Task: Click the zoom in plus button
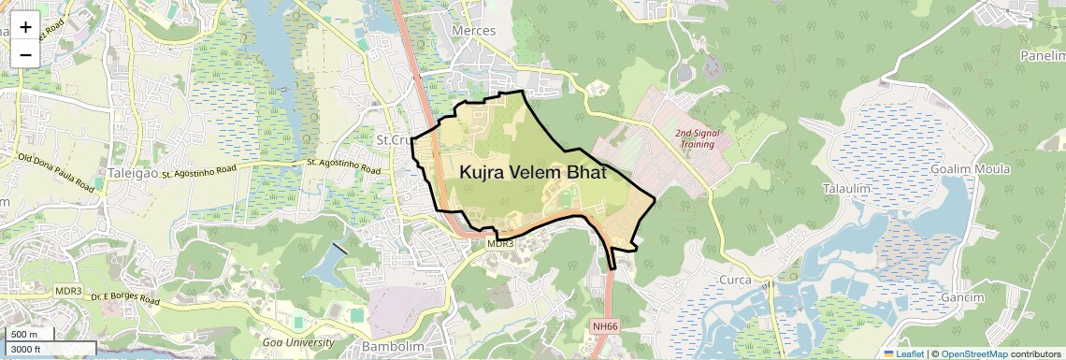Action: pos(25,26)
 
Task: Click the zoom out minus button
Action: pos(25,54)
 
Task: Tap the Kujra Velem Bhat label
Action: pos(532,174)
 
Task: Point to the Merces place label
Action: pos(473,31)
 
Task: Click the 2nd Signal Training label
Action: pos(698,138)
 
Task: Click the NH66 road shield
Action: pos(605,326)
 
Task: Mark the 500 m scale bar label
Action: pos(24,335)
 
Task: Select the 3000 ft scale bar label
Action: pos(27,349)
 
